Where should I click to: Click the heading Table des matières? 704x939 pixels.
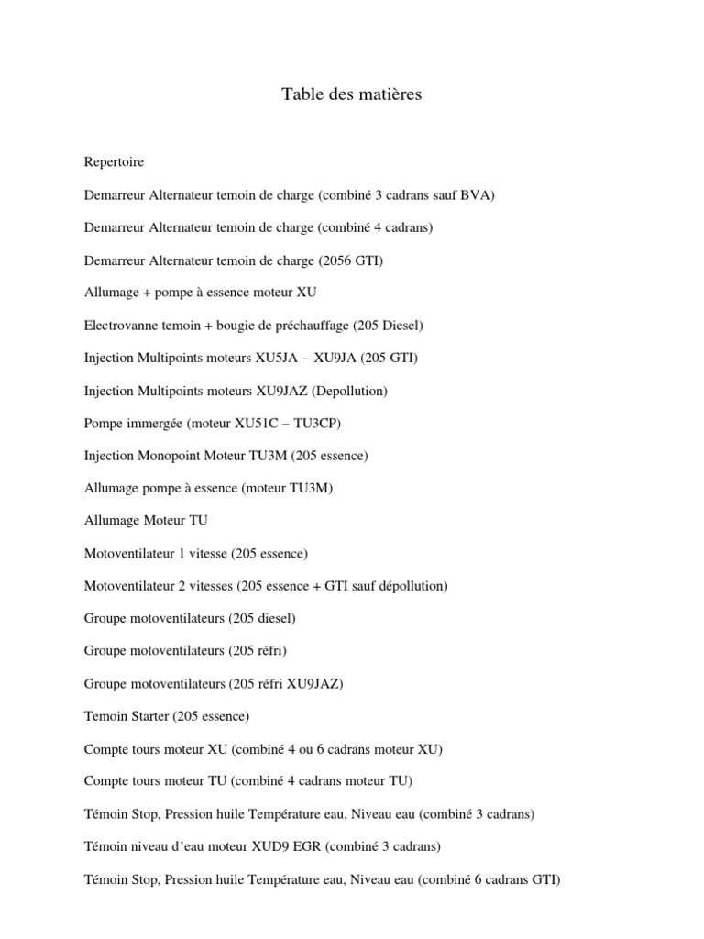pyautogui.click(x=351, y=94)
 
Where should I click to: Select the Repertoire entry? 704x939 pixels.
pyautogui.click(x=114, y=162)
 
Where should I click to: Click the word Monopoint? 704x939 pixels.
pyautogui.click(x=171, y=456)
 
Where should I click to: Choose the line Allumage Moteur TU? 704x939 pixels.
pyautogui.click(x=146, y=521)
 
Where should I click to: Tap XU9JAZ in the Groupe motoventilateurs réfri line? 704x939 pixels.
pyautogui.click(x=313, y=683)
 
